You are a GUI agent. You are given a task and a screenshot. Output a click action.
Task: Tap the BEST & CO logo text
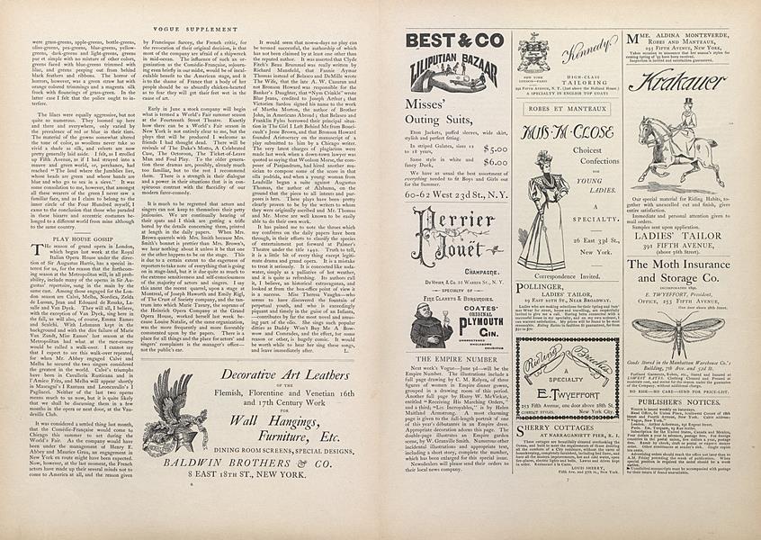454,40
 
